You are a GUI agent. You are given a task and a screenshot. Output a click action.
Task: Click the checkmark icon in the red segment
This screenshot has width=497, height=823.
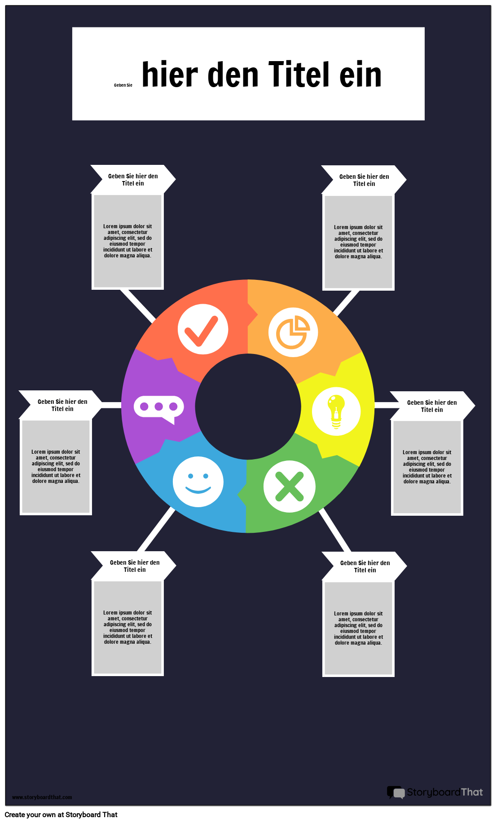(203, 329)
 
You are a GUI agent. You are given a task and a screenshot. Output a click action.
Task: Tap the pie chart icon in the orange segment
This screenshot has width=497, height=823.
(293, 332)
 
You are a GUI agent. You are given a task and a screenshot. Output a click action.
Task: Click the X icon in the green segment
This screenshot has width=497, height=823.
(289, 487)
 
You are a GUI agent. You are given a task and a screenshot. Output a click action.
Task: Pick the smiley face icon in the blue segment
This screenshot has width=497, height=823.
(198, 482)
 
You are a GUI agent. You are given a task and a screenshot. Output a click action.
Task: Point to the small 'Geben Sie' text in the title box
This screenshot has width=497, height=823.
(123, 85)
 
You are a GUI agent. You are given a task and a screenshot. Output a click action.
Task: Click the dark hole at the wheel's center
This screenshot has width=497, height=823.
(248, 407)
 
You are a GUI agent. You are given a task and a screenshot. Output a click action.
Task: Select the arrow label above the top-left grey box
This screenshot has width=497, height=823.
(133, 180)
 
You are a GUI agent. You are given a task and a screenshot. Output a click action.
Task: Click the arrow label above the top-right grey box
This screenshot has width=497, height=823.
(364, 180)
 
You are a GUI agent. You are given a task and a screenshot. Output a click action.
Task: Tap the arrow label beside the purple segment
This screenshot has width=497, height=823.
(61, 405)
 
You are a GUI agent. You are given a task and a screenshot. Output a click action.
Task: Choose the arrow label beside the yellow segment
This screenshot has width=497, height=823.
(432, 406)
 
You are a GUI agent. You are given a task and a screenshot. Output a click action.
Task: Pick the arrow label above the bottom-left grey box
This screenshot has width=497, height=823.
(134, 566)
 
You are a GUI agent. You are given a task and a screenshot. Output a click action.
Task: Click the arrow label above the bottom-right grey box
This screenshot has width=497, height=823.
(365, 566)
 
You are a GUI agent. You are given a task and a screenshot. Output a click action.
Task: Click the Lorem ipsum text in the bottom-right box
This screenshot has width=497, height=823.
(358, 628)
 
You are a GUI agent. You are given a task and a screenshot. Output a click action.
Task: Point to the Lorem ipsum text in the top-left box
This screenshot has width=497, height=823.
(128, 241)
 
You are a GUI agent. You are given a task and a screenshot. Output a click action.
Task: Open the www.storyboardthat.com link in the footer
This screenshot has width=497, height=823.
(42, 797)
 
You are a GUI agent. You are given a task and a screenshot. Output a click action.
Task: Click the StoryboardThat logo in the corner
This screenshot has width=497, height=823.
(435, 792)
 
